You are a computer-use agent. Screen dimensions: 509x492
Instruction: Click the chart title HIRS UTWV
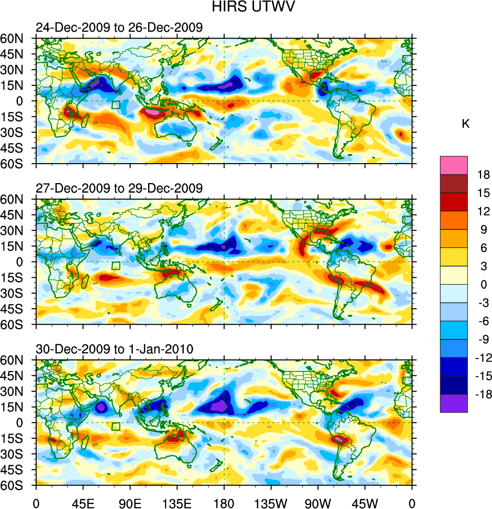coord(245,9)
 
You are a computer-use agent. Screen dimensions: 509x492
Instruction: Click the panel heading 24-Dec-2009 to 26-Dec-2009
coord(119,28)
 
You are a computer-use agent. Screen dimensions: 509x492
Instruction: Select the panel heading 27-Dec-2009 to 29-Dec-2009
coord(119,188)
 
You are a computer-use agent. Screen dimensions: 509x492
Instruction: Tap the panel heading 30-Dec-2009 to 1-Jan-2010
coord(114,349)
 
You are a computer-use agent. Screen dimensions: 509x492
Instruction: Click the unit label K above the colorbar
coord(465,124)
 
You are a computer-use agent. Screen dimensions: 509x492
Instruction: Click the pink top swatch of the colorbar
coord(453,166)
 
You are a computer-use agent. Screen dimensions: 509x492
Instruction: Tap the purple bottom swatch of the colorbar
coord(453,403)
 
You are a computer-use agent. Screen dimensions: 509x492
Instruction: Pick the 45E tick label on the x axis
coord(83,502)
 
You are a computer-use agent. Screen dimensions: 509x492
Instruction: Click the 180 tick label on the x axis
coord(224,502)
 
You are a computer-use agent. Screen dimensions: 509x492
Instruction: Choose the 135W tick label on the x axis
coord(271,502)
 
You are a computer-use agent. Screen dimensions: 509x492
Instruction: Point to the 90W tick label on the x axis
coord(318,502)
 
